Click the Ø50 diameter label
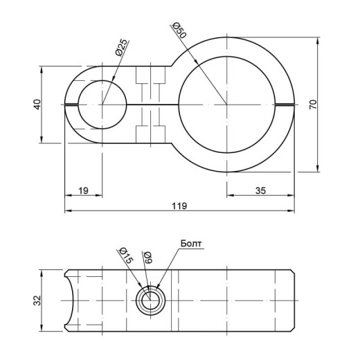[x=179, y=30]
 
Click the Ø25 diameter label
[x=121, y=48]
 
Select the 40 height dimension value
[x=37, y=105]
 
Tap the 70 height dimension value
[x=313, y=105]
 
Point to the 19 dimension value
[x=83, y=191]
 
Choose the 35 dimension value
[x=260, y=191]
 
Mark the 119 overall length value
[x=179, y=206]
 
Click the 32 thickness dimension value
[x=37, y=300]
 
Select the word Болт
[x=191, y=244]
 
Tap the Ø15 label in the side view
[x=126, y=255]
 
